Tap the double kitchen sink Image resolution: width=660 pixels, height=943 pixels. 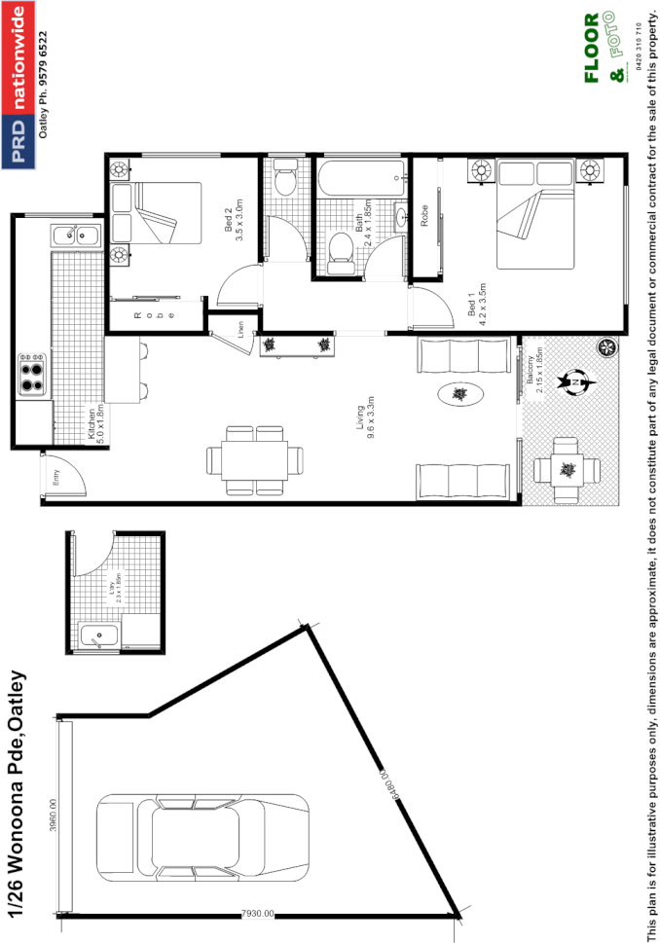pos(69,235)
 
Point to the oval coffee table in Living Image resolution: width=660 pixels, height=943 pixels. pos(458,394)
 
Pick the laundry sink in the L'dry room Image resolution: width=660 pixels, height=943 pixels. pos(99,636)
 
